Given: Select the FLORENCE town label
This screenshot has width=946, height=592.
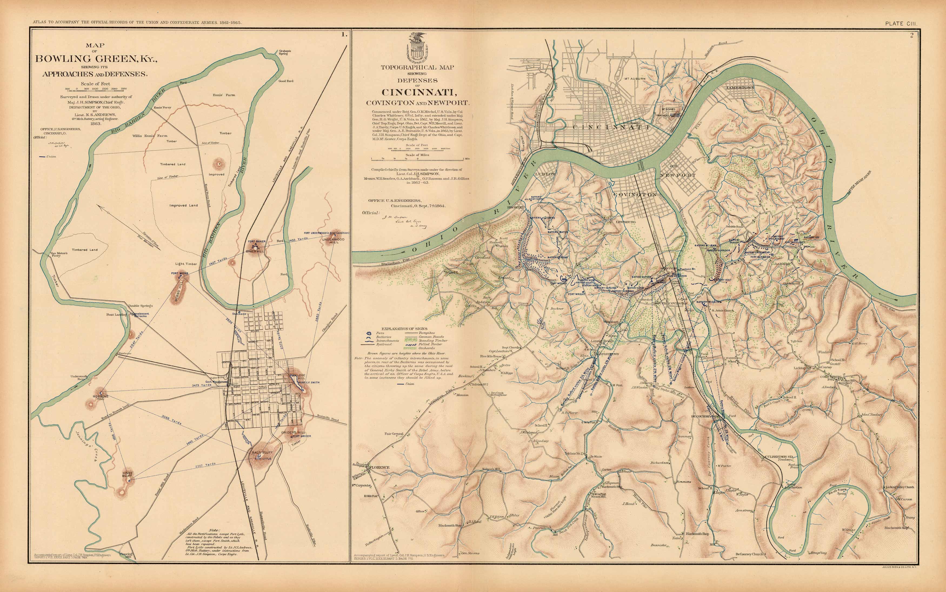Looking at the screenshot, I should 379,467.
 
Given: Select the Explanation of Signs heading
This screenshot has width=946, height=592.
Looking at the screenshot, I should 404,328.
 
